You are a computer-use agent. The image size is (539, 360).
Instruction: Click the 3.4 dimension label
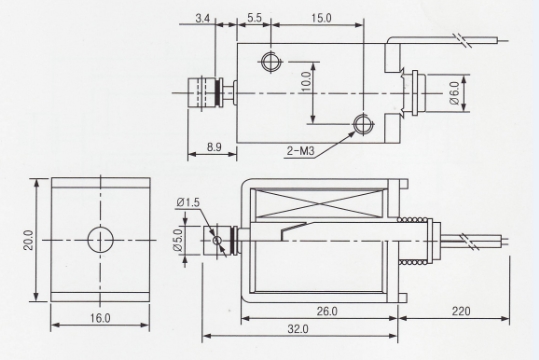(203, 18)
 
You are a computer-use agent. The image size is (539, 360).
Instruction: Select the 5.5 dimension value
(253, 18)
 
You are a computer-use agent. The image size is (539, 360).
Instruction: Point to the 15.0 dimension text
(322, 18)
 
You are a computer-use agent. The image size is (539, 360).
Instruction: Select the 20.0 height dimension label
(29, 241)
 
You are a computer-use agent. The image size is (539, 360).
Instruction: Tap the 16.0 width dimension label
(99, 318)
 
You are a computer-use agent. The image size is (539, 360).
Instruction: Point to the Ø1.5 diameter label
(188, 203)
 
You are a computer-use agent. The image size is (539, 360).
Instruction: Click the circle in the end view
(100, 240)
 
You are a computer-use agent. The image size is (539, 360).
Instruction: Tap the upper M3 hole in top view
(269, 62)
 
